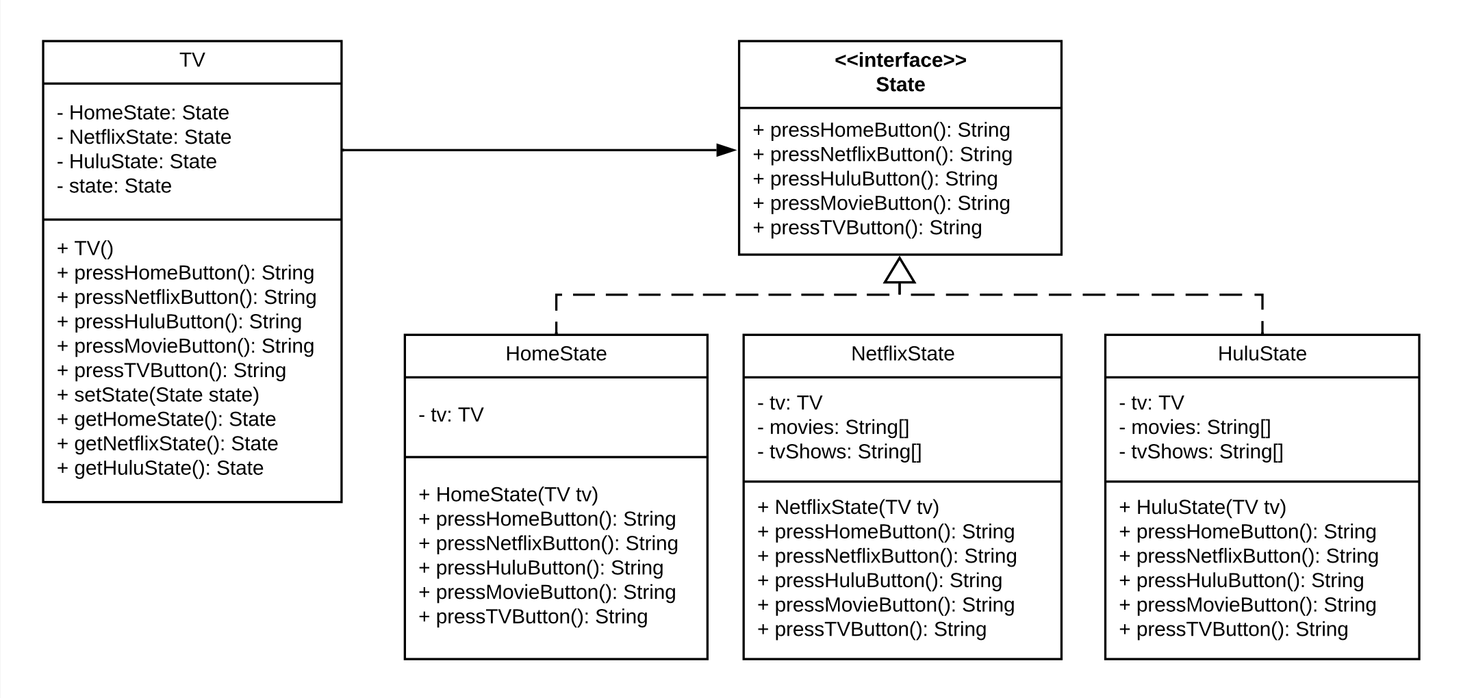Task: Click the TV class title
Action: tap(192, 60)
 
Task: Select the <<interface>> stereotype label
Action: tap(900, 60)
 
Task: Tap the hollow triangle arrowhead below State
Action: tap(899, 271)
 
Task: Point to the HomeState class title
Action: tap(555, 354)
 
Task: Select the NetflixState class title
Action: tap(902, 354)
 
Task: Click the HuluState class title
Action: tap(1261, 354)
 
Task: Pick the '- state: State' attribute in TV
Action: tap(114, 186)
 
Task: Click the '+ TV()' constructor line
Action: tap(86, 248)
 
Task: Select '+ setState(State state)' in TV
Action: tap(158, 395)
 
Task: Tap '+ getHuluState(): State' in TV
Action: tap(160, 468)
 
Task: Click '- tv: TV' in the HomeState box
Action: tap(451, 415)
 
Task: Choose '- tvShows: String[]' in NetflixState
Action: tap(839, 452)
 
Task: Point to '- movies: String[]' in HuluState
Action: tap(1194, 427)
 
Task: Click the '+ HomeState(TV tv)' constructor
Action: tap(508, 495)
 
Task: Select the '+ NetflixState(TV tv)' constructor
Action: tap(848, 507)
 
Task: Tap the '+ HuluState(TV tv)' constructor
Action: tap(1202, 507)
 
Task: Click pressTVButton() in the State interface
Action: tap(867, 228)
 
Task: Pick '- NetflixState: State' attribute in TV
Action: tap(144, 138)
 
